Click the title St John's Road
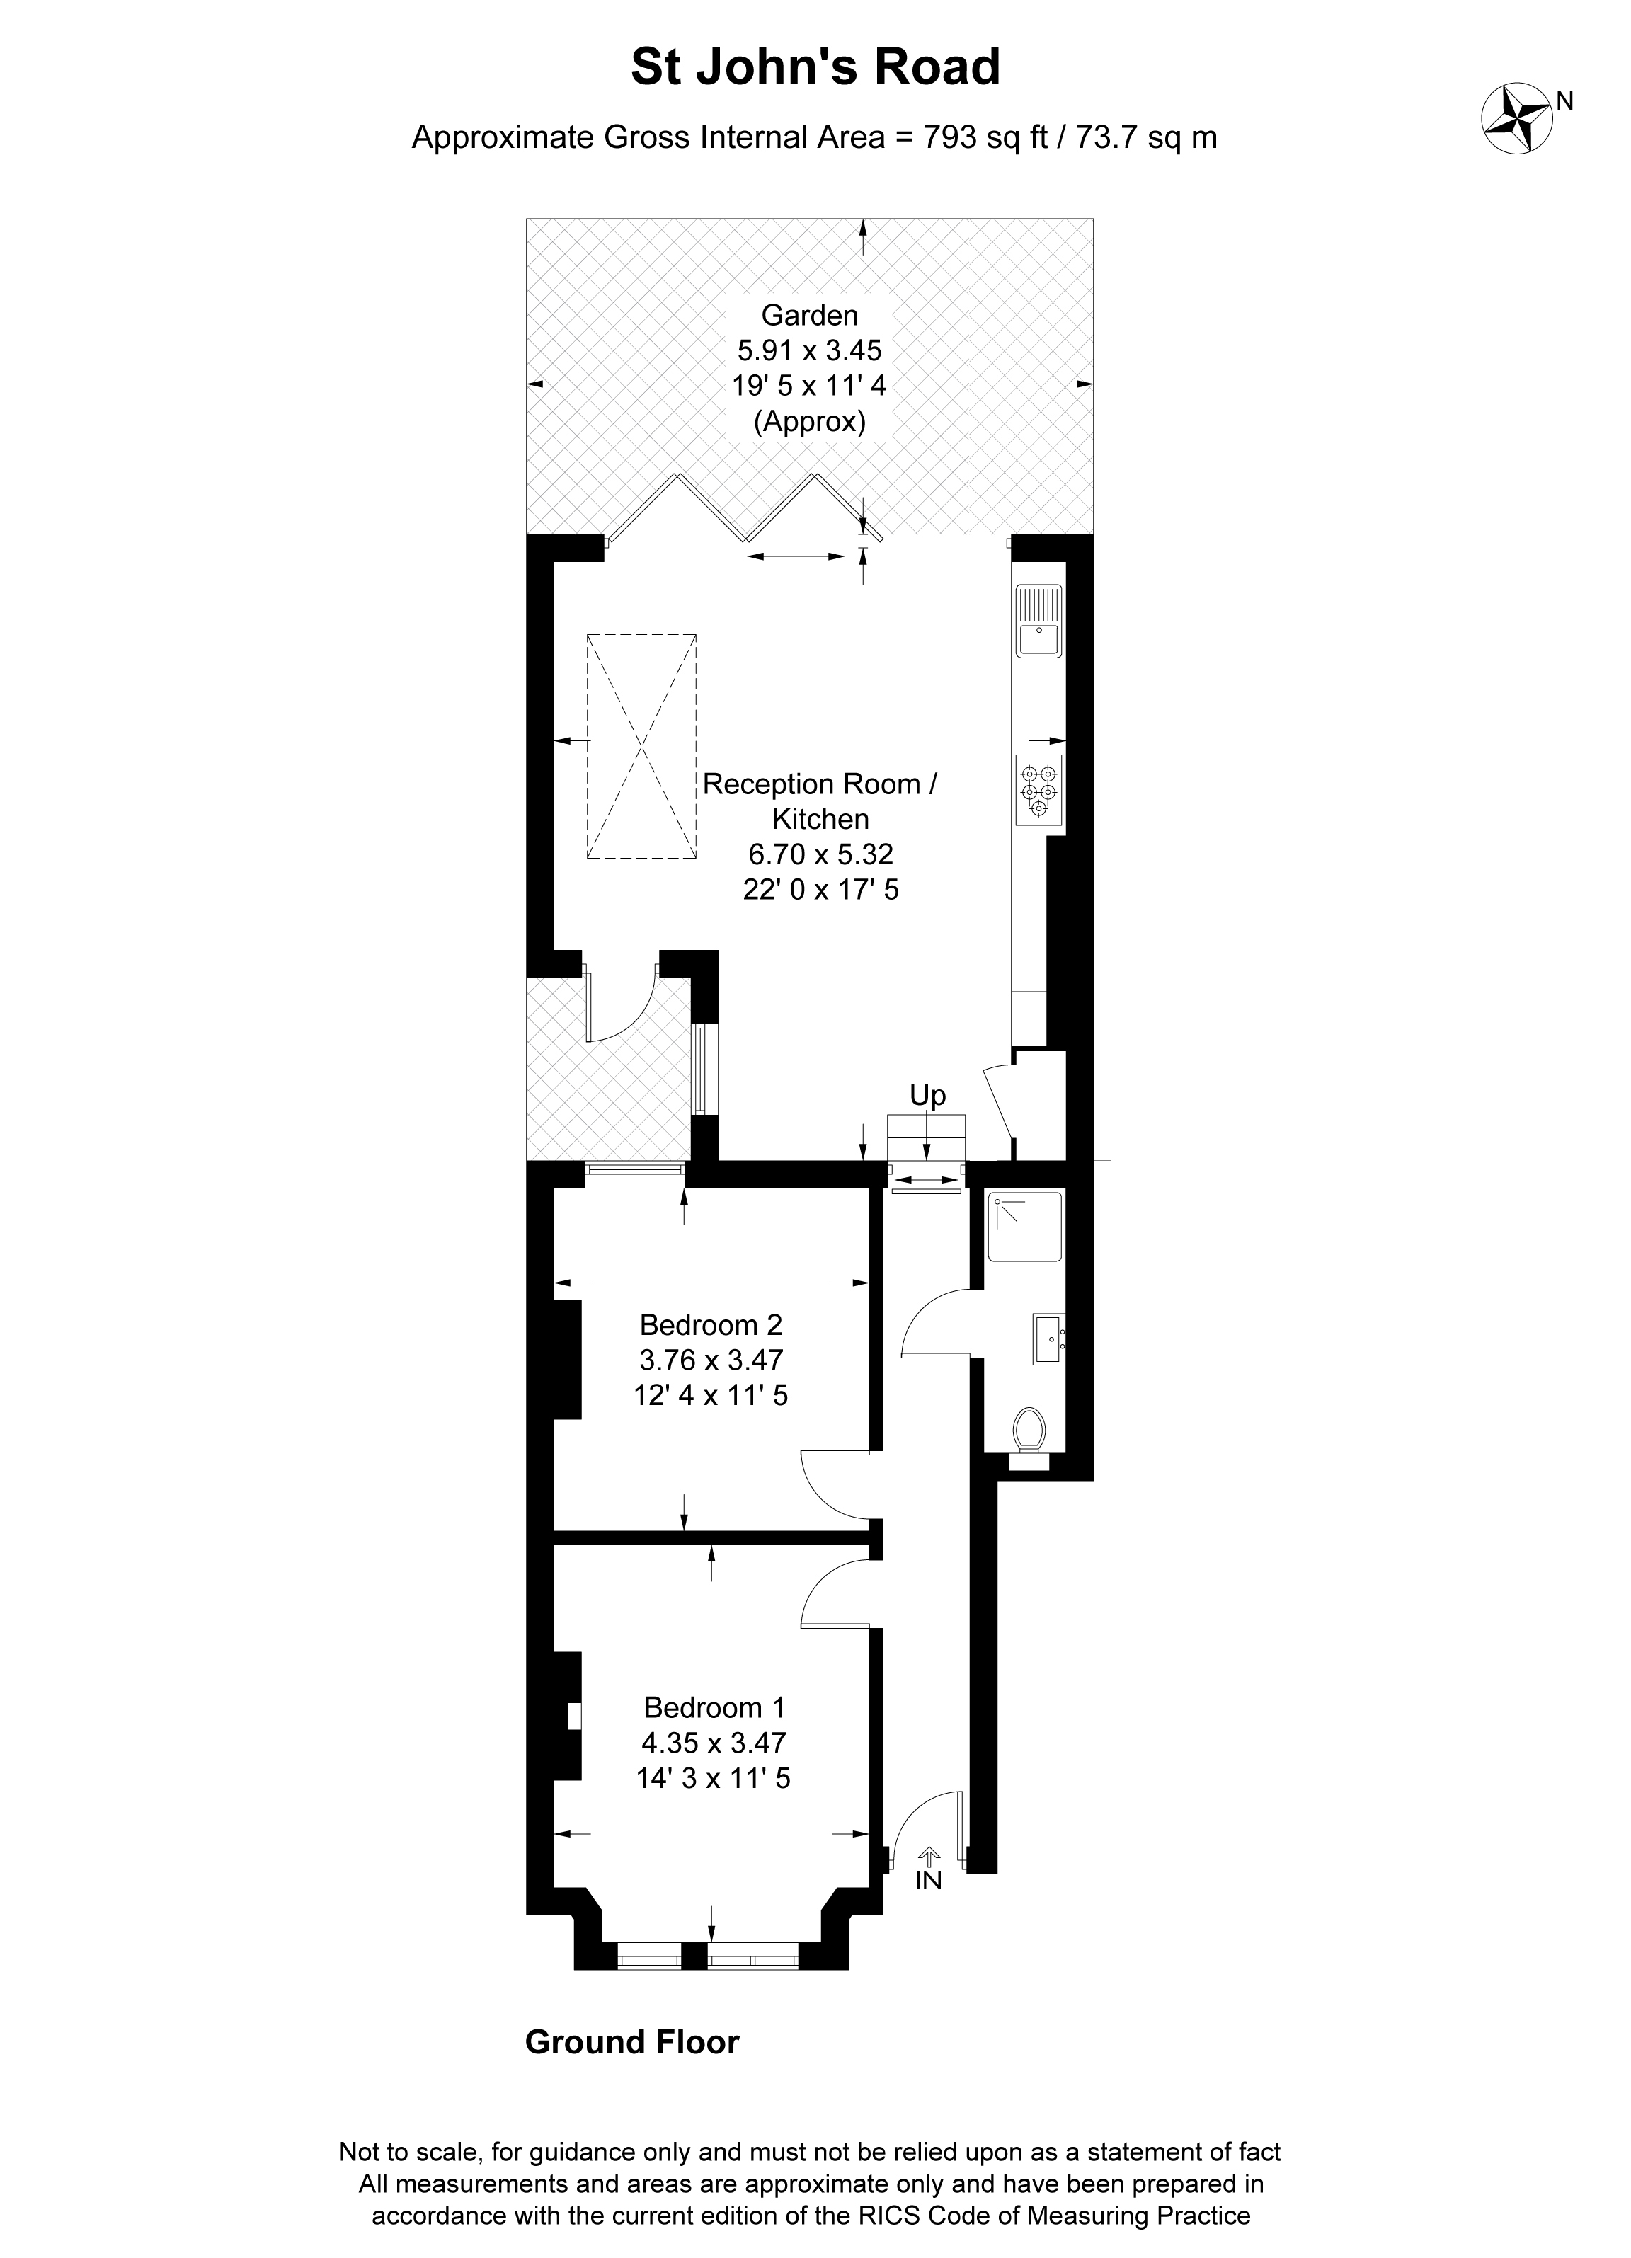tap(815, 68)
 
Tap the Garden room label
tap(808, 316)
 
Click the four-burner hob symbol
tap(1038, 789)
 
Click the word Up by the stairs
tap(927, 1095)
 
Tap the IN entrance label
tap(928, 1881)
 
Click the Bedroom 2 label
tap(711, 1325)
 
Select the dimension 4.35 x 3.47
tap(714, 1742)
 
